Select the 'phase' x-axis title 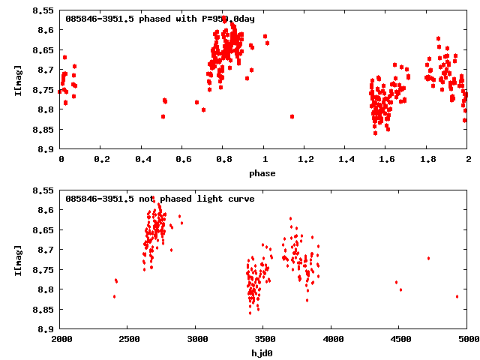263,173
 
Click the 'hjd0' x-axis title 263,352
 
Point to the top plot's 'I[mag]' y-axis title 17,82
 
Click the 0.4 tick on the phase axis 142,160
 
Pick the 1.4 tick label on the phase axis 346,160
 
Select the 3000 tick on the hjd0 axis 196,339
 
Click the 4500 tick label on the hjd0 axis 400,339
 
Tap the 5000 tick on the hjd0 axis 467,339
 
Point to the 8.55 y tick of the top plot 42,11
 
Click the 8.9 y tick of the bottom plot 45,329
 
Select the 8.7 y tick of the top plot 45,70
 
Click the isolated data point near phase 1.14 292,116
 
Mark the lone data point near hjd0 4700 428,258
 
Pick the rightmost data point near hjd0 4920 457,296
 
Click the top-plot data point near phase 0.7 203,109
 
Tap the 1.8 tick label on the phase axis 427,160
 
